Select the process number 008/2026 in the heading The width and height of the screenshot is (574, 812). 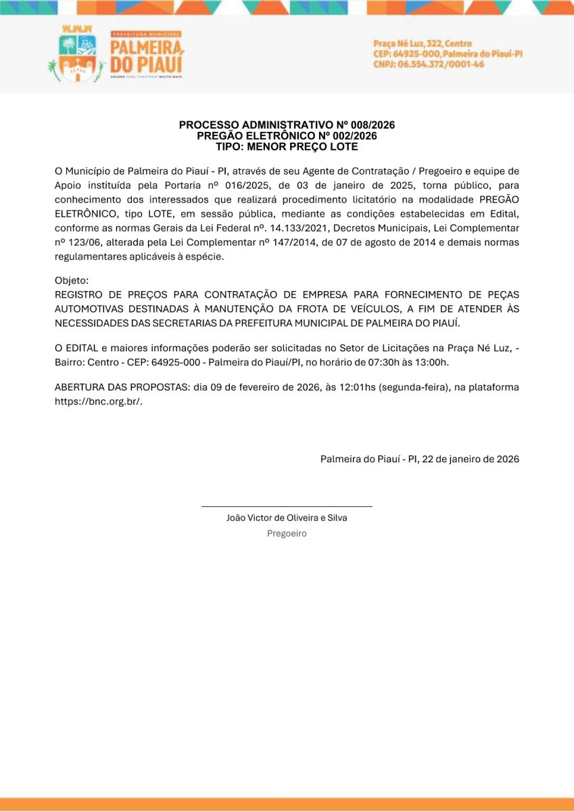[370, 125]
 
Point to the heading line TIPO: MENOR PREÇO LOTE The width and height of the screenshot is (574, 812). [287, 146]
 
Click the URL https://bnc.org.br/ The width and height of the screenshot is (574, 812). [98, 401]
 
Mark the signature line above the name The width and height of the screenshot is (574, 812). [287, 506]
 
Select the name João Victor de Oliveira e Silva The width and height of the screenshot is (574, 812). [287, 518]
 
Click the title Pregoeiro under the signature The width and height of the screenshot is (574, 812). [287, 533]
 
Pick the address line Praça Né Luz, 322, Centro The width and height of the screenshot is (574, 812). [423, 44]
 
